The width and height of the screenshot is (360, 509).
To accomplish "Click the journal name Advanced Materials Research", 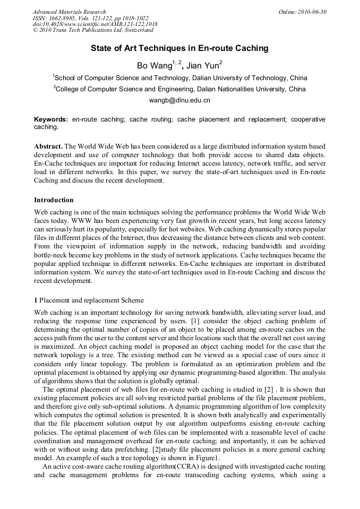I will pos(69,12).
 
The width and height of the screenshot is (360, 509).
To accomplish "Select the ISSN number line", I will pos(90,18).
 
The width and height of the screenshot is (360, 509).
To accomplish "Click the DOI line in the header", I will pos(95,24).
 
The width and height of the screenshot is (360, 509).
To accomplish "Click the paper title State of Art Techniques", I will pos(179,48).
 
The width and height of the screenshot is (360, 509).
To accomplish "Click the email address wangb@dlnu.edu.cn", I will pos(179,100).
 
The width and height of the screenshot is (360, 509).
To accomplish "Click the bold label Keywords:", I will pos(51,119).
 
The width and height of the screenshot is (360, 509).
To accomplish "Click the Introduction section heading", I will pos(54,200).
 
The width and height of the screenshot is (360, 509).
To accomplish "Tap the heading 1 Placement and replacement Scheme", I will pos(89,301).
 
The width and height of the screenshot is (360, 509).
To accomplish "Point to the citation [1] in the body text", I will pos(192,321).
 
